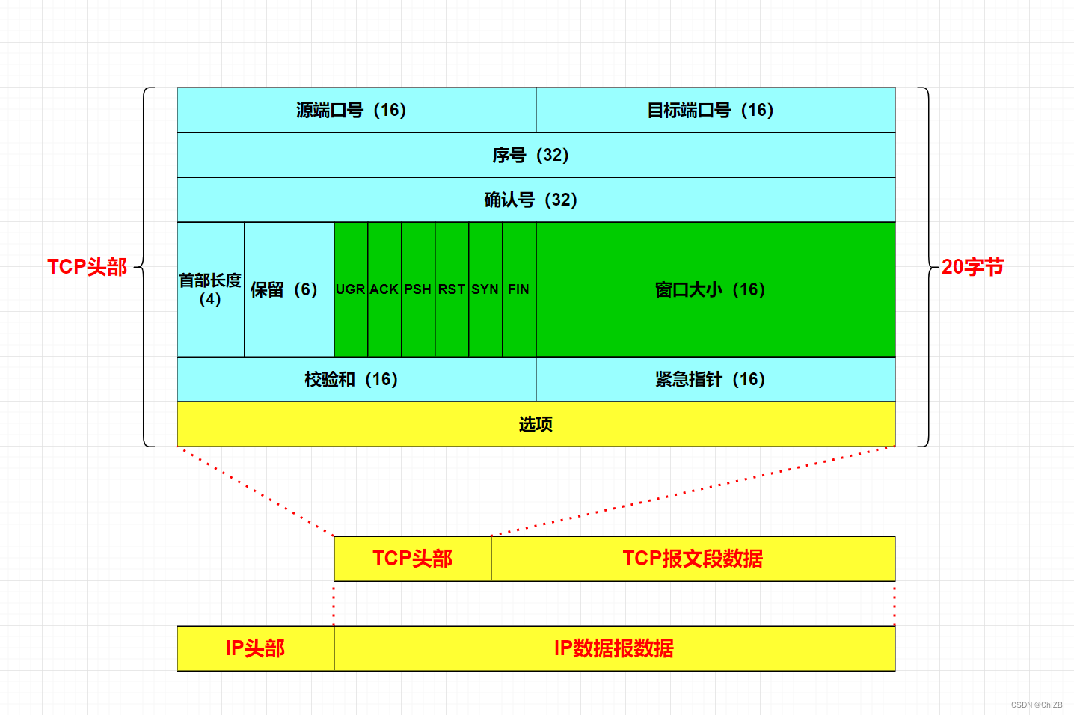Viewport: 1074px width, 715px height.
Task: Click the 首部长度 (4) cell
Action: (210, 289)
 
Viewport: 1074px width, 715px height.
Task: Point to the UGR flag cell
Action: (351, 289)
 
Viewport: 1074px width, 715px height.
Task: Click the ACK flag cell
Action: (384, 289)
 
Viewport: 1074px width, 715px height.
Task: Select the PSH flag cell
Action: (418, 289)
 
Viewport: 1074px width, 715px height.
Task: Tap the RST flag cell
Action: (452, 289)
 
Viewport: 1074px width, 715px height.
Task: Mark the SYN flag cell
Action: (485, 289)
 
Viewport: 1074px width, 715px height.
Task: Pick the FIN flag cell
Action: (519, 289)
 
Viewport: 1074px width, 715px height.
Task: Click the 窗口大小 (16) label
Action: (710, 289)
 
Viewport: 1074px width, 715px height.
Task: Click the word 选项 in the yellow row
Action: (536, 424)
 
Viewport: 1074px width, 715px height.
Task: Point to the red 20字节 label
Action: (972, 267)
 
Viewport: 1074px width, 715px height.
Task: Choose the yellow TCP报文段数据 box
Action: (693, 559)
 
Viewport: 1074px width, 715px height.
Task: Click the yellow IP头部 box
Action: (255, 648)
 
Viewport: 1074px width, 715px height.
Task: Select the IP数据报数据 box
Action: (614, 648)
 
